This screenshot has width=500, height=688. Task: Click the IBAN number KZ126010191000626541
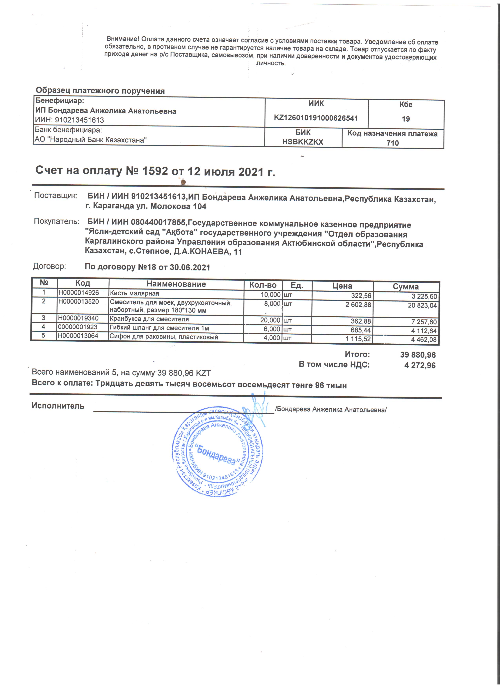click(x=316, y=118)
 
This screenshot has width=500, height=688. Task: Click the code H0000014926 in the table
click(x=79, y=293)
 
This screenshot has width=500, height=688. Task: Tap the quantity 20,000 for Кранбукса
click(x=270, y=320)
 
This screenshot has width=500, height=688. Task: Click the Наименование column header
click(x=176, y=284)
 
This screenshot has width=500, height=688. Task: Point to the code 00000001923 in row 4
click(x=78, y=327)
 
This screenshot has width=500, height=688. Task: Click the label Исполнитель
click(x=58, y=406)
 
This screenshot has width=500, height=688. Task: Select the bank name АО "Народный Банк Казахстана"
click(x=91, y=140)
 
